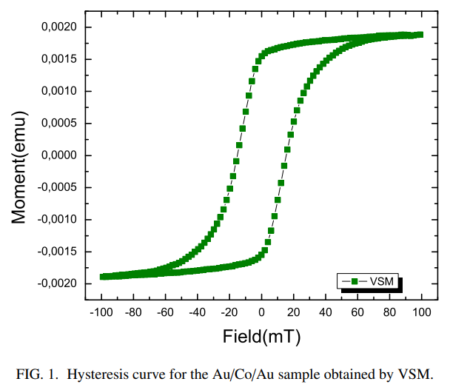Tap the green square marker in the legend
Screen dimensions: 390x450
click(x=355, y=281)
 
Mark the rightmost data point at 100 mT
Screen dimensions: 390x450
click(x=420, y=35)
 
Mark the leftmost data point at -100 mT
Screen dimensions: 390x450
click(x=103, y=277)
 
